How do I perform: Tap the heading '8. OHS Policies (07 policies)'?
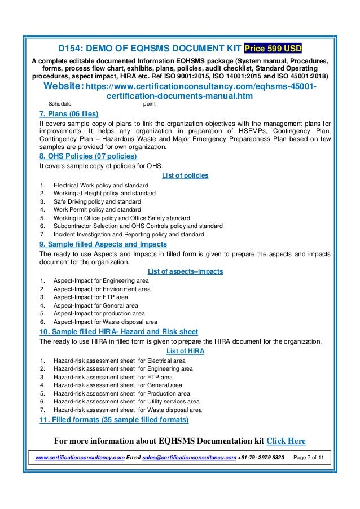tap(87, 156)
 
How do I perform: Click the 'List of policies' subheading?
tap(185, 175)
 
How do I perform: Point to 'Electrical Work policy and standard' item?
tap(101, 185)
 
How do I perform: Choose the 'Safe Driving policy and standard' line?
tap(97, 201)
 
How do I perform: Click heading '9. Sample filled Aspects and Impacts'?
tap(103, 244)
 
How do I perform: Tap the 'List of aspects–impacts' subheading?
tap(185, 271)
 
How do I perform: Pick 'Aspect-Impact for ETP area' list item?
tap(90, 297)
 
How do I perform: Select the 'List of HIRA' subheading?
tap(185, 351)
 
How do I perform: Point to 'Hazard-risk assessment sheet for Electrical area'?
tap(119, 361)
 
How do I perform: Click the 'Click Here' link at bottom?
tap(286, 441)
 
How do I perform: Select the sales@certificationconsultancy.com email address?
tap(188, 457)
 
